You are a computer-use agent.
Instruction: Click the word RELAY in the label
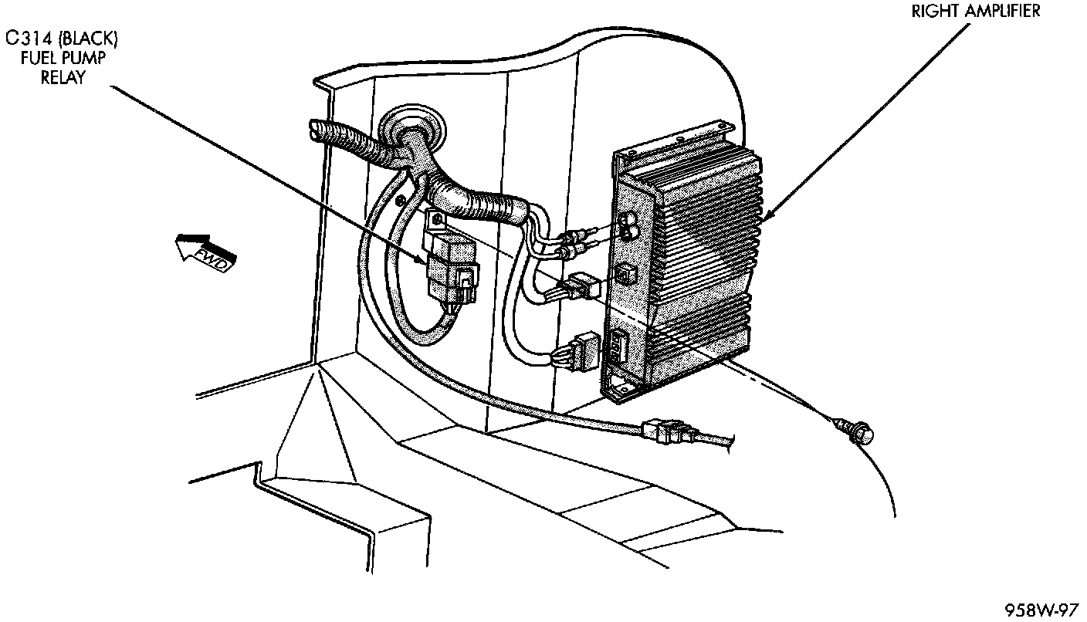tap(62, 77)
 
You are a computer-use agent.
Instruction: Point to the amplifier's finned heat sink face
tap(703, 255)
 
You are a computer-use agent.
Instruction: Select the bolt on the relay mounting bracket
tap(439, 221)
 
